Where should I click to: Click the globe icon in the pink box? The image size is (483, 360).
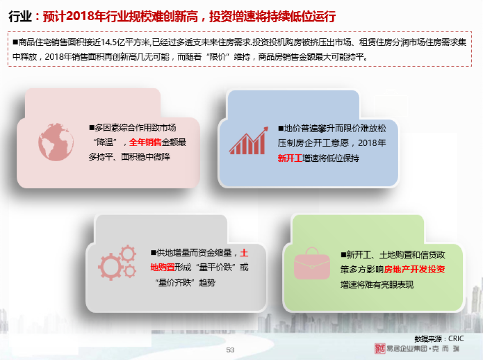[x=56, y=142]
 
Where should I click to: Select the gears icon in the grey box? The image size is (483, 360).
[x=117, y=262]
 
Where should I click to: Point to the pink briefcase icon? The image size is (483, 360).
[x=311, y=263]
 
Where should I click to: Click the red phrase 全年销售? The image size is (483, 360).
[x=145, y=142]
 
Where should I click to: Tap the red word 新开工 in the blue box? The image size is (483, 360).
[x=290, y=158]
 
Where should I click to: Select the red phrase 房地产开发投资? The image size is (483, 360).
[x=414, y=269]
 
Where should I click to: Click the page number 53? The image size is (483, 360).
[x=230, y=350]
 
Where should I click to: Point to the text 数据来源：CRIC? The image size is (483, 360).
[x=439, y=339]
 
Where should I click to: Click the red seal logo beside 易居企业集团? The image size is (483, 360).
[x=380, y=349]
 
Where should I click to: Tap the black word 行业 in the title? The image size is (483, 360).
[x=20, y=16]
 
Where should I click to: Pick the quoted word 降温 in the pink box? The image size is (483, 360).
[x=105, y=143]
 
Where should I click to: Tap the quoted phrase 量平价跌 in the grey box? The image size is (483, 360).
[x=216, y=267]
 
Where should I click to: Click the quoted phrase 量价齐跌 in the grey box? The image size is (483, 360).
[x=174, y=282]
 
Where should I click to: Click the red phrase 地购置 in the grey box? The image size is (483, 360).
[x=163, y=267]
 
